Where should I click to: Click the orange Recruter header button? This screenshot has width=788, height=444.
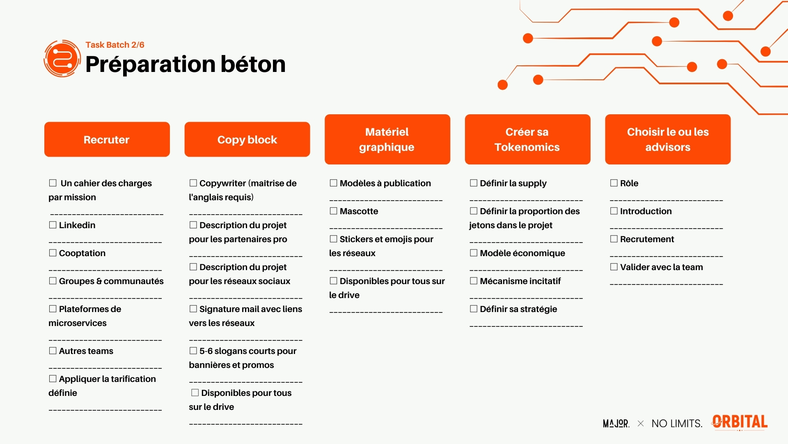click(x=107, y=139)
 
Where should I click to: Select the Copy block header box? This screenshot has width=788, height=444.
click(x=247, y=139)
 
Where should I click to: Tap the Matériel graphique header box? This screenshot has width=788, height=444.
click(x=387, y=139)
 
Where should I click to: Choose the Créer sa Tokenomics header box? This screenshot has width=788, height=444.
click(x=527, y=139)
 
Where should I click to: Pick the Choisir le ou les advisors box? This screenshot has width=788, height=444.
click(x=668, y=139)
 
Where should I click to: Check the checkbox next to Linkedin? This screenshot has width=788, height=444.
click(x=53, y=225)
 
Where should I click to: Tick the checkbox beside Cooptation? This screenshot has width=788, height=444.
click(x=53, y=253)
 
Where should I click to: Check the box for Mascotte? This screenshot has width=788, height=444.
click(x=334, y=211)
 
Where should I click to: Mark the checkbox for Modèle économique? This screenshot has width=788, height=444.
click(x=474, y=253)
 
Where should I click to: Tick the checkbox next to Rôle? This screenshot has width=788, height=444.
click(x=614, y=183)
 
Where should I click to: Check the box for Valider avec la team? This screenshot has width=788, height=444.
click(x=614, y=267)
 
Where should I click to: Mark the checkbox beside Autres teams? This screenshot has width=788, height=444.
click(x=53, y=351)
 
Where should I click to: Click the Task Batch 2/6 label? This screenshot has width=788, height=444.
click(x=115, y=45)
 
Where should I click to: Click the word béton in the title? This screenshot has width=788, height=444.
click(x=253, y=64)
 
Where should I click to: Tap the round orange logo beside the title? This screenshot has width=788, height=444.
click(x=62, y=58)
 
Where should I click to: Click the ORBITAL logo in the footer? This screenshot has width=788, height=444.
click(x=740, y=422)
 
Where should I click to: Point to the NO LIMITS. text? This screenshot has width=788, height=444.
click(x=677, y=423)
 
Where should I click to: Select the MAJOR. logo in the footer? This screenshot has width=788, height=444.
click(x=616, y=423)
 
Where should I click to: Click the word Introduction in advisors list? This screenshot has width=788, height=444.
click(x=646, y=211)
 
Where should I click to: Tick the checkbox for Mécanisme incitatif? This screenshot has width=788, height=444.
click(x=474, y=281)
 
